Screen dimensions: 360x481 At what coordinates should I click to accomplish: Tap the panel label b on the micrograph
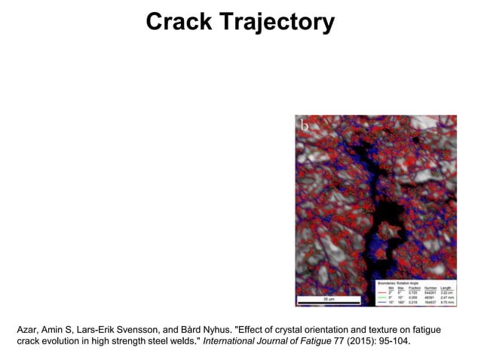(x=305, y=127)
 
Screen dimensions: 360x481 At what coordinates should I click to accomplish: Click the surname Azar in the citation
(x=29, y=330)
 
